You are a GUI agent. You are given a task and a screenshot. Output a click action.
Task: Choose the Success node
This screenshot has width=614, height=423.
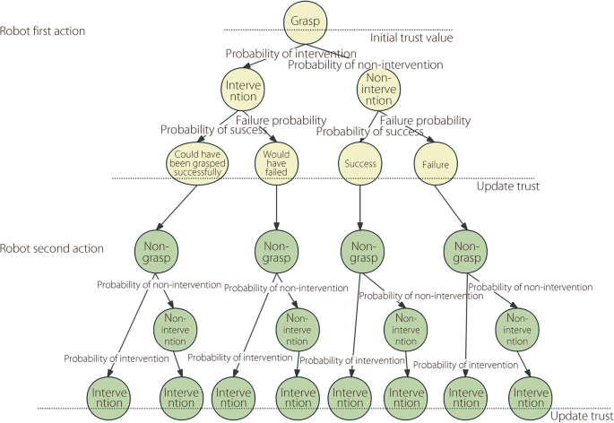click(x=359, y=164)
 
